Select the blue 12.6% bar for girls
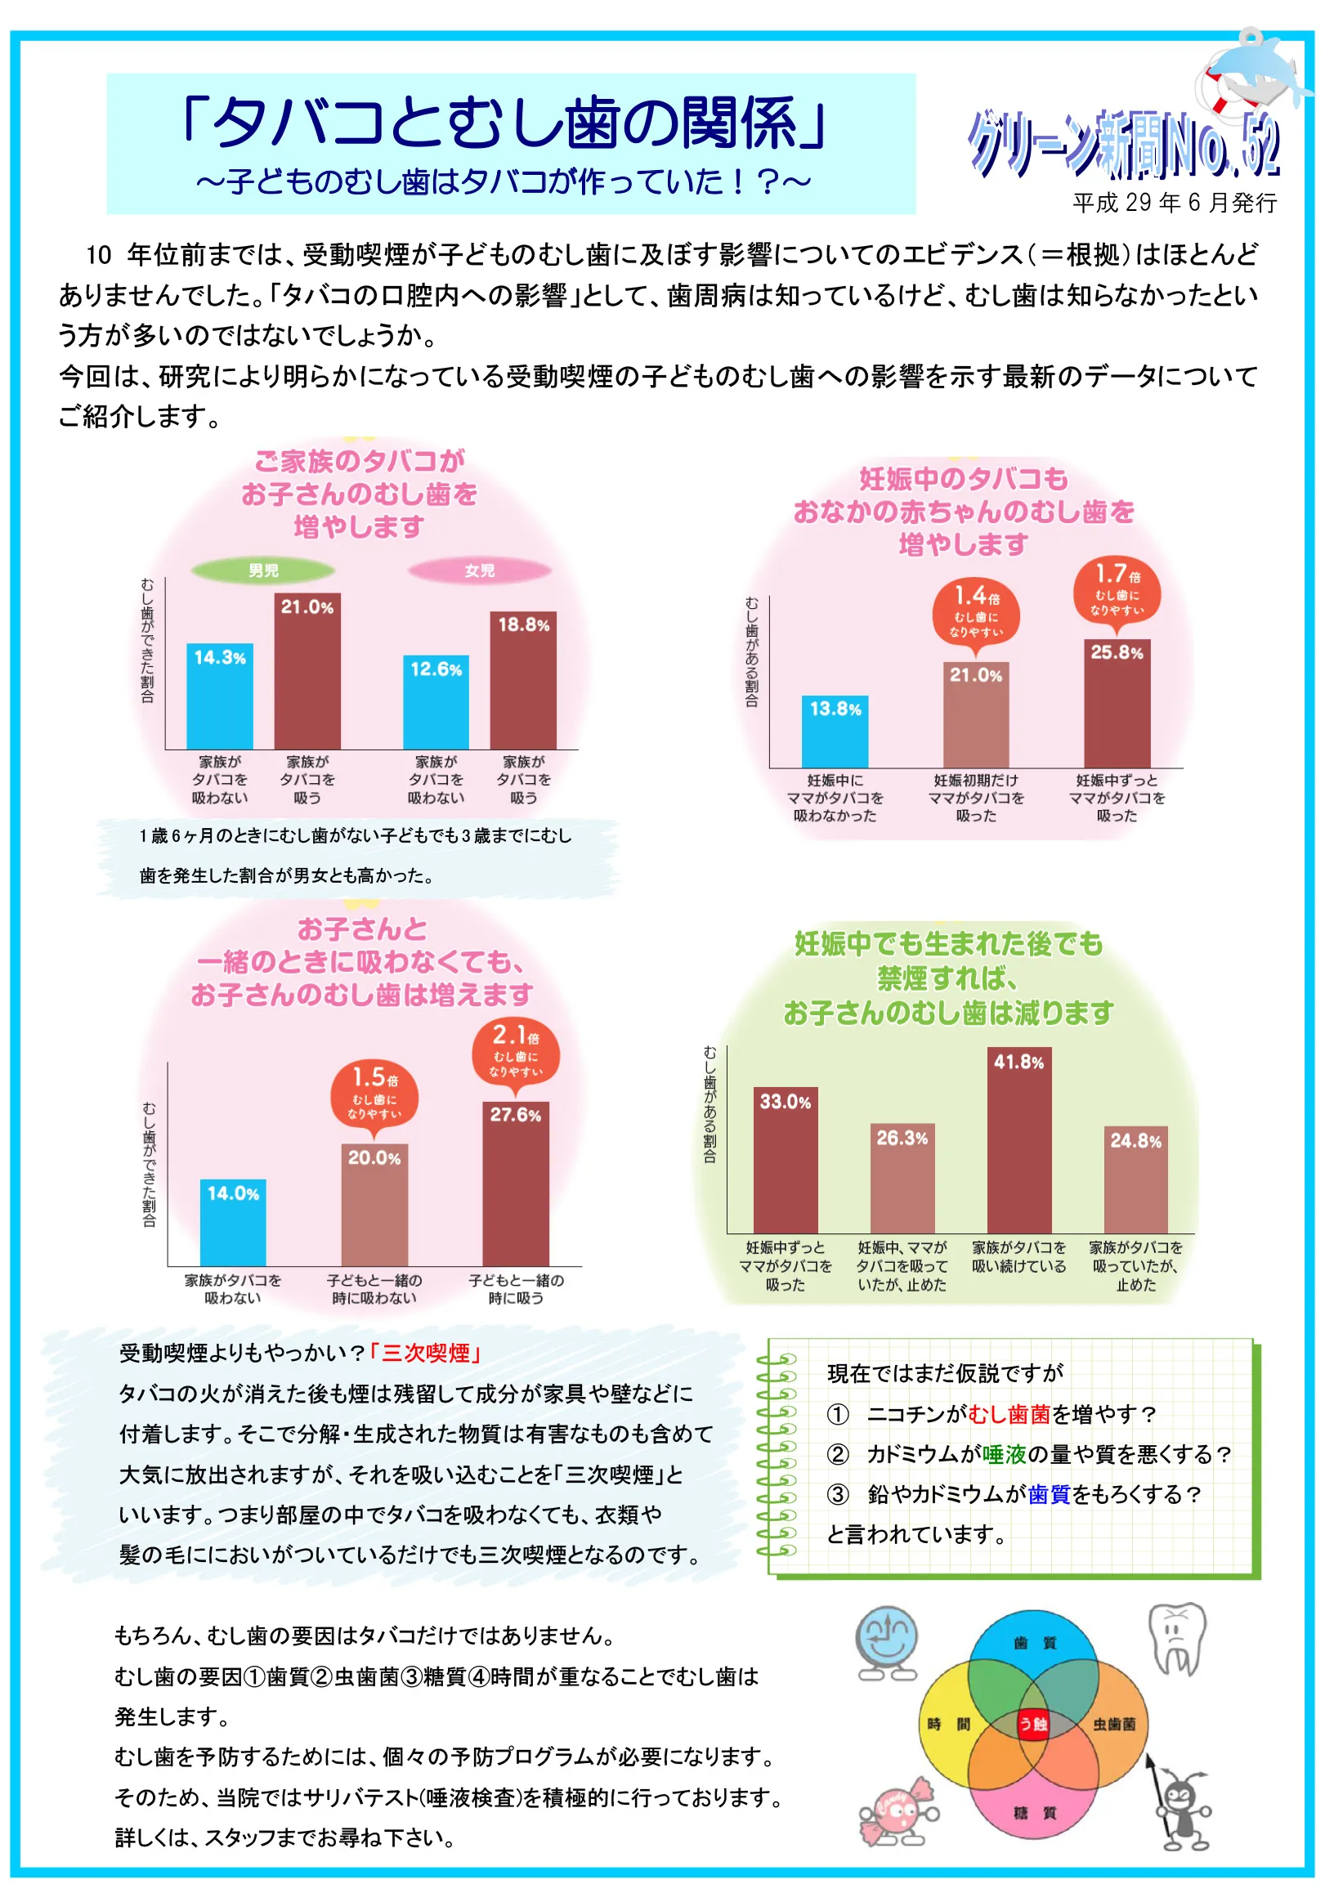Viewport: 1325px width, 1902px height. pos(436,702)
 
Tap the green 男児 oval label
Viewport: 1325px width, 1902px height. pos(262,570)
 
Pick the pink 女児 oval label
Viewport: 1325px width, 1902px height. pos(479,570)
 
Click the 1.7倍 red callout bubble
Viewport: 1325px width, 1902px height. pos(1117,590)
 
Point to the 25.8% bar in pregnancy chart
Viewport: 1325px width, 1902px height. pos(1117,704)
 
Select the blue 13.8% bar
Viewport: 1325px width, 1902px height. pos(835,732)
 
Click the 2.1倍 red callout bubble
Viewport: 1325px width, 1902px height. pos(516,1051)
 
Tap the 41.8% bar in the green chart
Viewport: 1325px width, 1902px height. pos(1018,1141)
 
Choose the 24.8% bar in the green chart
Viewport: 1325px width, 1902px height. pos(1135,1179)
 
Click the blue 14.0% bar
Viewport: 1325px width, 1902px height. pos(233,1223)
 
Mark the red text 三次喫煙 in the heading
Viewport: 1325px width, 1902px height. pos(426,1354)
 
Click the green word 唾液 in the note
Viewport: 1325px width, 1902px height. pos(1004,1455)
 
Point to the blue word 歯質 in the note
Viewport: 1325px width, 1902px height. pos(1049,1494)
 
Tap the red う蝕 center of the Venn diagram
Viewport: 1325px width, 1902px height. pos(1032,1724)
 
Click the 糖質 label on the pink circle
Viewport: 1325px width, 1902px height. pos(1034,1814)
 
